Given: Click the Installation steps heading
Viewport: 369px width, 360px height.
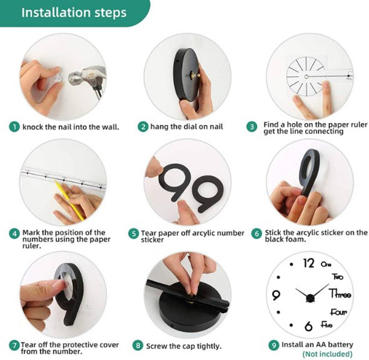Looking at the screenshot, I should [x=74, y=12].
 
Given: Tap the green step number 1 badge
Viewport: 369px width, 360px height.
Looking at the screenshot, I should [x=14, y=126].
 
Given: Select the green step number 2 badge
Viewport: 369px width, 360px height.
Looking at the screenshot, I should [x=143, y=126].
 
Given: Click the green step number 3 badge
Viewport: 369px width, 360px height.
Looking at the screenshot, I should [x=252, y=126].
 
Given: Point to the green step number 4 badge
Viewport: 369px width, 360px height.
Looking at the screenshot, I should [x=14, y=233].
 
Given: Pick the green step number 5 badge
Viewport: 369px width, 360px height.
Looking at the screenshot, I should [x=133, y=233].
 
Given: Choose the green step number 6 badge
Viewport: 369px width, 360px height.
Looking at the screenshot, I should [x=256, y=233].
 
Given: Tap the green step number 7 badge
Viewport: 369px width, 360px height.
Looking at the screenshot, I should [x=14, y=345].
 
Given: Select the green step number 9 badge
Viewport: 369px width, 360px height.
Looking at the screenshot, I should [x=273, y=344].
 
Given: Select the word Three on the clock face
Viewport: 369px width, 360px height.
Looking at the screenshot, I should [x=340, y=294].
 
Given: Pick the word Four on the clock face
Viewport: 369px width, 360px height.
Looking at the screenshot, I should [x=338, y=312].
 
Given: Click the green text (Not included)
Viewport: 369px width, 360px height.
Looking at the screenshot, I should [x=327, y=353].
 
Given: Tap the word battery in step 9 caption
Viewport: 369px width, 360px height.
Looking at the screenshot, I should [x=339, y=344].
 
